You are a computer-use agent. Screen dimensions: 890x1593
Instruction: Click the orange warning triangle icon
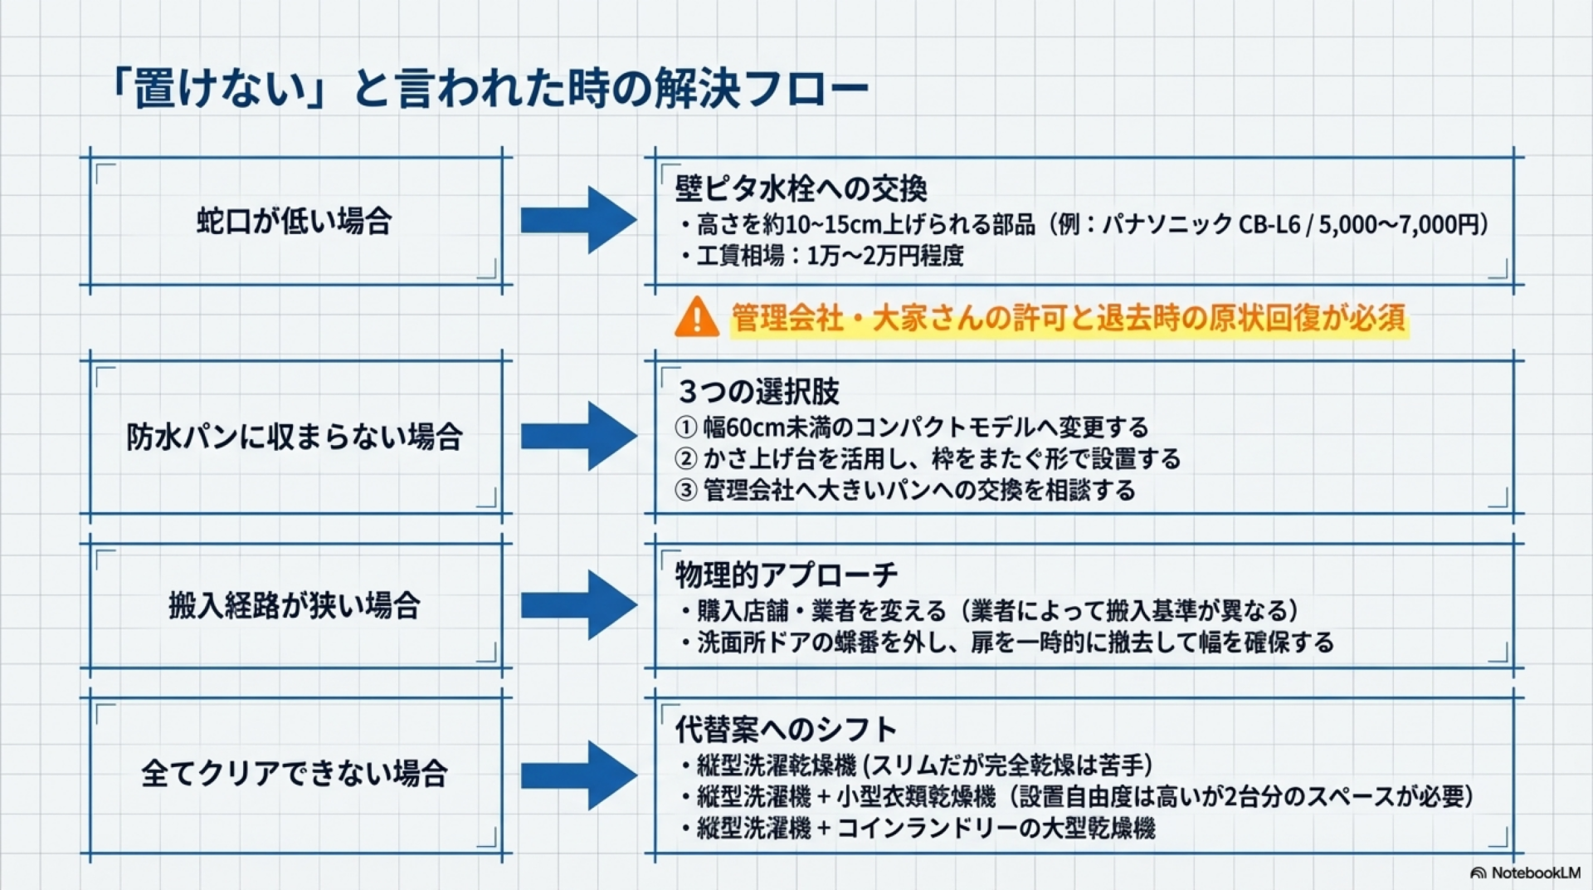696,318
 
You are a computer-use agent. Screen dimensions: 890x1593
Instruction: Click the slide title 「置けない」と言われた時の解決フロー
490,89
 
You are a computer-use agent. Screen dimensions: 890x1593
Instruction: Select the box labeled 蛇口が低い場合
295,222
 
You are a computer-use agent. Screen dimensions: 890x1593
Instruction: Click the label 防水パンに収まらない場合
295,437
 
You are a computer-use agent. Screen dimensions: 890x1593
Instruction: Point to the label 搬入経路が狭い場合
295,605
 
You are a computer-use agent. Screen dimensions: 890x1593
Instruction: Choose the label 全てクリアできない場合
295,774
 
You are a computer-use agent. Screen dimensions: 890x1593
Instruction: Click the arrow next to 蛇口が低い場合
578,220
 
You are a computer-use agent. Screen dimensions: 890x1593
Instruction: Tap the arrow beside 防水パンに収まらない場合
578,436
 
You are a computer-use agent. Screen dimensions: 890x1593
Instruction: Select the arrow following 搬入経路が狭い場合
578,604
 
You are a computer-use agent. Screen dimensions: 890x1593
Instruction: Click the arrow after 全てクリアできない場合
578,775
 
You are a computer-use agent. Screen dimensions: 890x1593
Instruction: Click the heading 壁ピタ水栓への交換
801,188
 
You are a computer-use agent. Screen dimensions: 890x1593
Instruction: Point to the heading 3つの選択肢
758,391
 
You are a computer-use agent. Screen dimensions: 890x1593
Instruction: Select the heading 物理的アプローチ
786,574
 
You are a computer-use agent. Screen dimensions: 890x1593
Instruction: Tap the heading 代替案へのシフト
786,729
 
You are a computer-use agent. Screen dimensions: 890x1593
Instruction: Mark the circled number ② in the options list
685,459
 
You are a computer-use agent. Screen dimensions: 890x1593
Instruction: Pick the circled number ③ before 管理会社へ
685,491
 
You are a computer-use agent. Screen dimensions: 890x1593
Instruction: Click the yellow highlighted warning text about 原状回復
1069,318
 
